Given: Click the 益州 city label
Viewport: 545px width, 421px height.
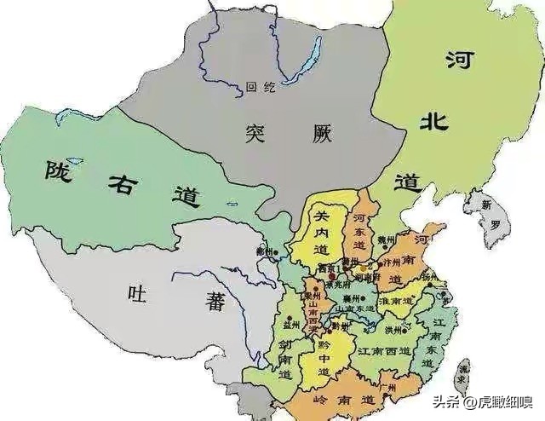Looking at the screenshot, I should pyautogui.click(x=292, y=325).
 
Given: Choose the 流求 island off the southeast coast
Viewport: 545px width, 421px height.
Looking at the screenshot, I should pyautogui.click(x=462, y=376).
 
